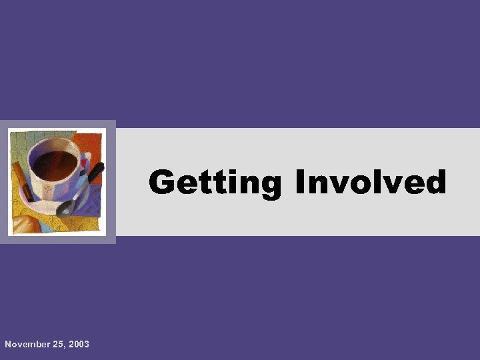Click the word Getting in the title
tap(215, 183)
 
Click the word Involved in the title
tap(371, 182)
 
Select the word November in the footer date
tap(27, 344)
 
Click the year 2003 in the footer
tap(78, 344)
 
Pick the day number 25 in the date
tap(59, 344)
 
